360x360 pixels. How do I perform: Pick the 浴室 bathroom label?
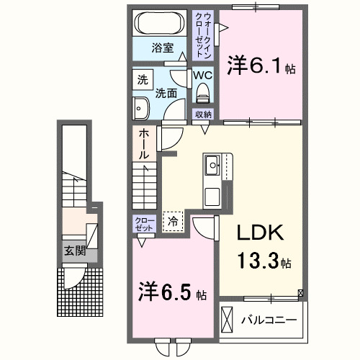point(162,48)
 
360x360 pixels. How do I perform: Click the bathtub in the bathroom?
point(162,22)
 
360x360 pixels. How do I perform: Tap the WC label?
point(201,75)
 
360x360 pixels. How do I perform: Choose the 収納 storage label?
point(202,114)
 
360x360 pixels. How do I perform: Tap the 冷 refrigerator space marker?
point(172,222)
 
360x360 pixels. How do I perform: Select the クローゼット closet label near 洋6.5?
point(144,222)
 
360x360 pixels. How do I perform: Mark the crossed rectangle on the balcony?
point(228,318)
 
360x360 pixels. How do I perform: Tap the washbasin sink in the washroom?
point(140,109)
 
